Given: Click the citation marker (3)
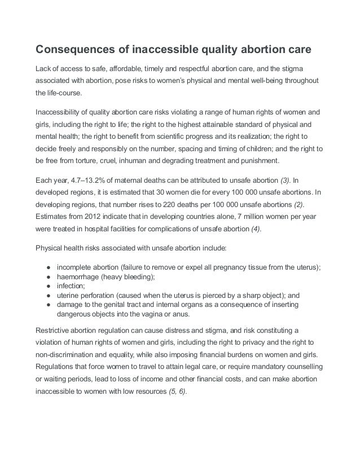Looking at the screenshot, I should pyautogui.click(x=288, y=180).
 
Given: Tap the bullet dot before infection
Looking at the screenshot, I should pyautogui.click(x=50, y=285).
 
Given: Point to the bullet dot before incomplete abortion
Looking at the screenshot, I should pyautogui.click(x=50, y=267).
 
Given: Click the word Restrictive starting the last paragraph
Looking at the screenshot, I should pyautogui.click(x=54, y=329).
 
